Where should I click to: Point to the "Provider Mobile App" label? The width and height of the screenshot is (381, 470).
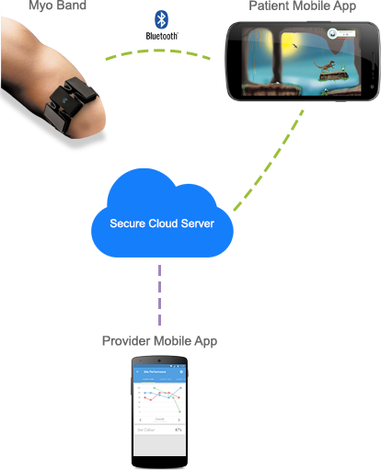159,342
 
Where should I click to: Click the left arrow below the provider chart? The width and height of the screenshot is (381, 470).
139,419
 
